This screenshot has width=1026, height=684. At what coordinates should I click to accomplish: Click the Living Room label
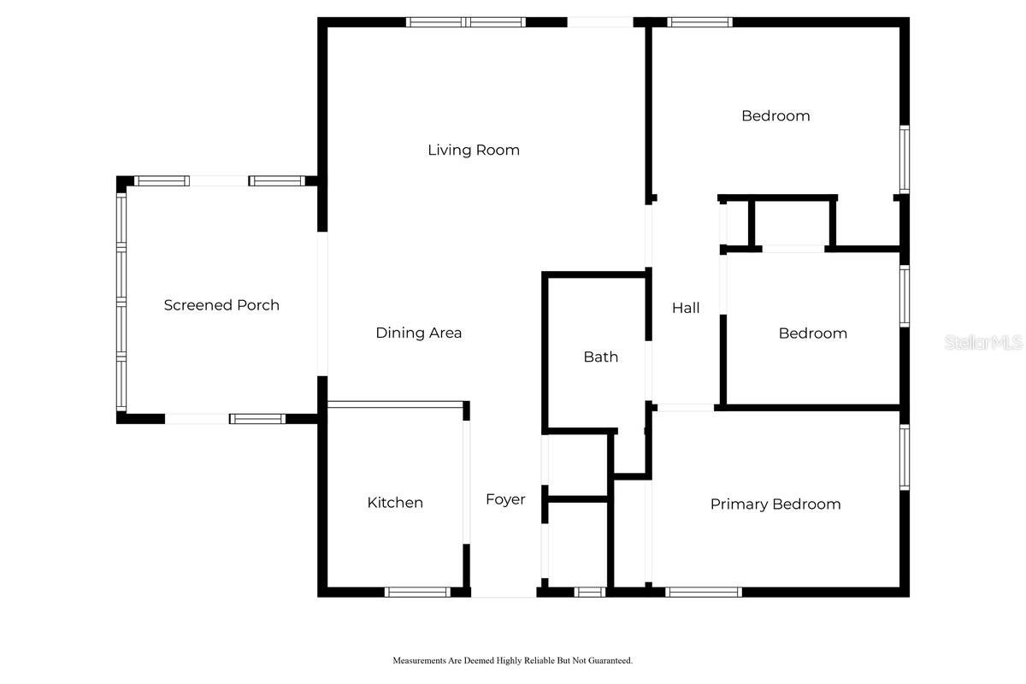click(x=474, y=150)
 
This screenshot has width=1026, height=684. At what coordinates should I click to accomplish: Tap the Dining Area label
click(x=419, y=333)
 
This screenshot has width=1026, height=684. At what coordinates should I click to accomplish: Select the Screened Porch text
click(x=221, y=305)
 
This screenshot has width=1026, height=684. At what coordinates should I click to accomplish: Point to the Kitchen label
click(x=395, y=503)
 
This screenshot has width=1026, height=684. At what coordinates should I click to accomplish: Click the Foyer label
click(x=505, y=499)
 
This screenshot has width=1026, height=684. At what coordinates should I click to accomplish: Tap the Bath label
click(x=601, y=357)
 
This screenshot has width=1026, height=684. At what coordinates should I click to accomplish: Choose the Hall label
click(x=686, y=308)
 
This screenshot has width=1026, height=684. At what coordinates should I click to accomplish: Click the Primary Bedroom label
click(x=775, y=504)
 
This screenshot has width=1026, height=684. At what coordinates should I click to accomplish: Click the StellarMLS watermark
click(x=983, y=343)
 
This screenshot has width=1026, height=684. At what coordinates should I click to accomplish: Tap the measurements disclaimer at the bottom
click(x=512, y=660)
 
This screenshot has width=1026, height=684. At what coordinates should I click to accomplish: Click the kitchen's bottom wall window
click(x=417, y=592)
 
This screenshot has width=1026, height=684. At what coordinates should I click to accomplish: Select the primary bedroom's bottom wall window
click(x=704, y=592)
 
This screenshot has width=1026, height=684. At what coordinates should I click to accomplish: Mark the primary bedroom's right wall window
click(x=905, y=457)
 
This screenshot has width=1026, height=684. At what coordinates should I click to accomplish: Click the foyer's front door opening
click(x=504, y=593)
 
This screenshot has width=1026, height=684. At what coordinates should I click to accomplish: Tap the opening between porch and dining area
click(x=322, y=304)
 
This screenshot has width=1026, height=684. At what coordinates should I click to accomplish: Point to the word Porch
click(x=258, y=305)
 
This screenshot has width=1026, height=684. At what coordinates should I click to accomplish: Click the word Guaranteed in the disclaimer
click(x=610, y=660)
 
